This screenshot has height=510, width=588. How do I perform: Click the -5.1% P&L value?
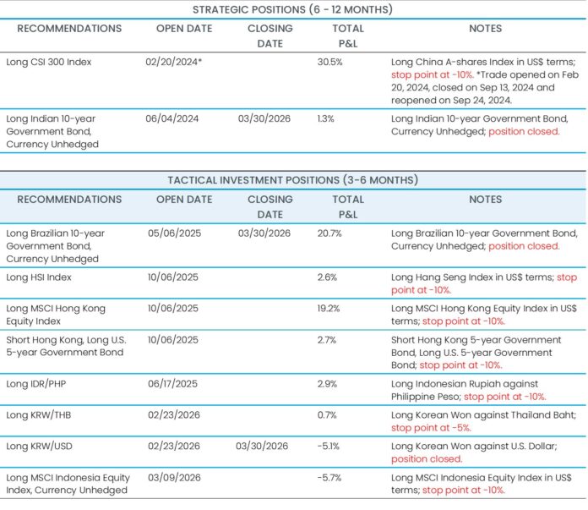pyautogui.click(x=329, y=447)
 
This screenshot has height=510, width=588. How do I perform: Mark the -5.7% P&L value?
pyautogui.click(x=329, y=478)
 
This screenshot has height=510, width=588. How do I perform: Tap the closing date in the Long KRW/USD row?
pyautogui.click(x=264, y=447)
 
